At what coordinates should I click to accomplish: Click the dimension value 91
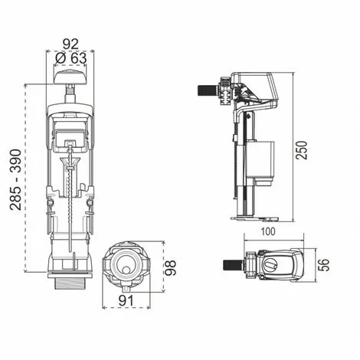click(x=127, y=302)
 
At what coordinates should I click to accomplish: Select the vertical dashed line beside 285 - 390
click(x=27, y=177)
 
